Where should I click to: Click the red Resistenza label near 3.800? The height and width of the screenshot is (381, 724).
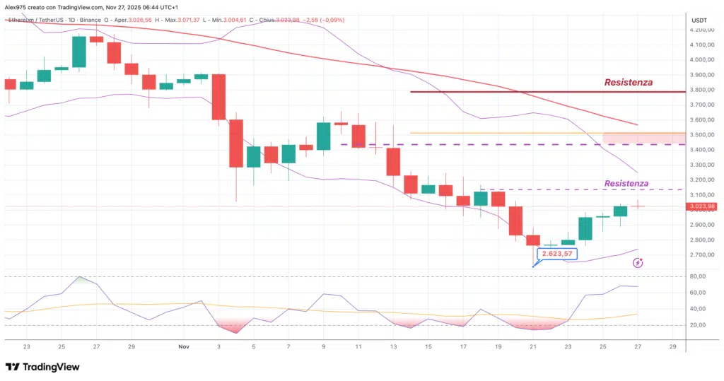(x=628, y=83)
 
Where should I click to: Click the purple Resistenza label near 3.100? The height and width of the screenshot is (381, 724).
(x=625, y=183)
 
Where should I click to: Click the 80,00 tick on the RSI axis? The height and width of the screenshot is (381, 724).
(x=698, y=277)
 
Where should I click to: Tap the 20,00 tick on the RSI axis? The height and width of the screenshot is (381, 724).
(x=698, y=325)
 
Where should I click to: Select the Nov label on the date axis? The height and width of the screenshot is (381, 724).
(x=184, y=346)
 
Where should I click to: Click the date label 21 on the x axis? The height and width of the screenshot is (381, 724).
(x=532, y=346)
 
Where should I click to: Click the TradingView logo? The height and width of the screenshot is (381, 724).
(x=42, y=367)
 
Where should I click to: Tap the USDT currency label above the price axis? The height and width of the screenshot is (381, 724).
(x=699, y=20)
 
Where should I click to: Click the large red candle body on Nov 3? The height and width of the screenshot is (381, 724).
(x=219, y=97)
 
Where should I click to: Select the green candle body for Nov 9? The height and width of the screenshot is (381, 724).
(x=323, y=136)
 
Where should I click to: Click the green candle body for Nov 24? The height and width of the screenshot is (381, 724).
(x=585, y=228)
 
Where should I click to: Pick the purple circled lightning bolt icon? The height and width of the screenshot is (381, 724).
(x=638, y=262)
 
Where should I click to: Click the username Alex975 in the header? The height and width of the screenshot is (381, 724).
(x=16, y=6)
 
